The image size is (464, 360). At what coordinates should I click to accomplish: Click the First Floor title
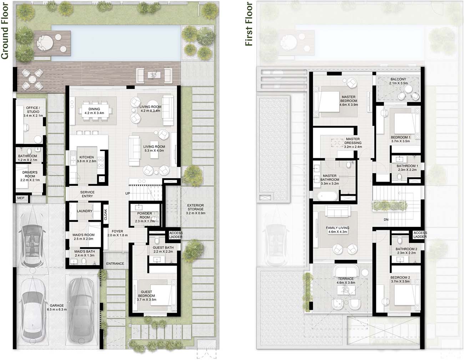249,24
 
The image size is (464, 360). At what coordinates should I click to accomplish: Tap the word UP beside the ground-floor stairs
127,194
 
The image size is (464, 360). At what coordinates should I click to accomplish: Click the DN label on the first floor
386,220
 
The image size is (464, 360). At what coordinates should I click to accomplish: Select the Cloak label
105,214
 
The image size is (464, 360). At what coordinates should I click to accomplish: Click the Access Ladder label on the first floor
420,234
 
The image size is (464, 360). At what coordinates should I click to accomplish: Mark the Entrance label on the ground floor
115,264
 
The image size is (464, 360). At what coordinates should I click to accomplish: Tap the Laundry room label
85,211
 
